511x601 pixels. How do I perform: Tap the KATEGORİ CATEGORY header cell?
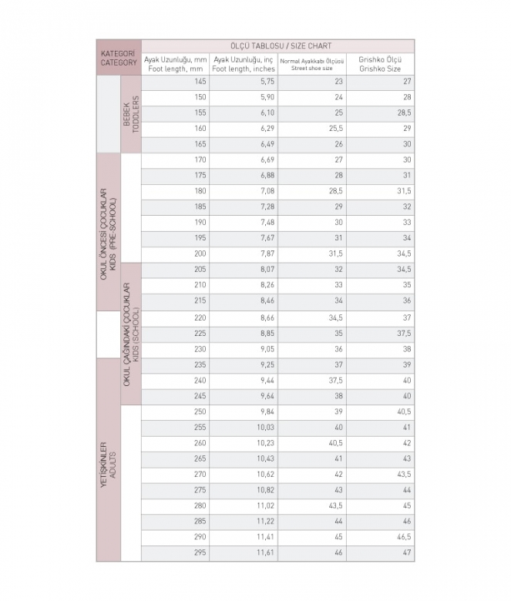click(x=118, y=57)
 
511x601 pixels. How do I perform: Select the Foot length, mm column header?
click(x=176, y=64)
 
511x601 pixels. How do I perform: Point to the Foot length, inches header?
click(x=243, y=64)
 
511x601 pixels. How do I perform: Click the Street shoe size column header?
click(x=312, y=64)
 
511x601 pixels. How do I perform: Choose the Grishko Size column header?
click(x=381, y=64)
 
